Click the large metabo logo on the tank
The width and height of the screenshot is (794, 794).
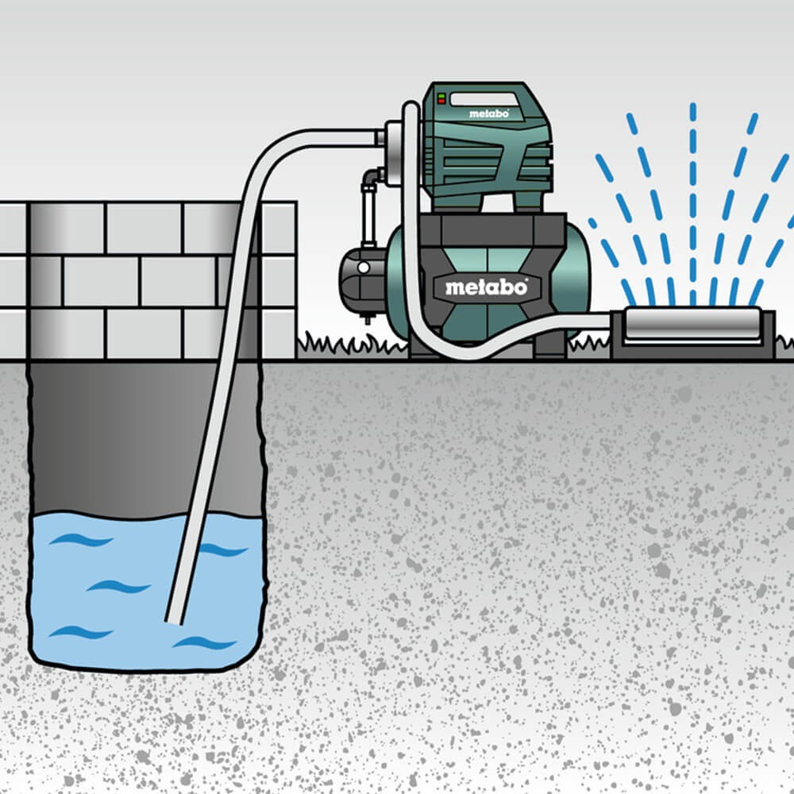(x=486, y=288)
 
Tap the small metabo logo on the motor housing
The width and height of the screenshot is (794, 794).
(x=488, y=114)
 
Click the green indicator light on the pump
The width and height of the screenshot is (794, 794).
(x=441, y=95)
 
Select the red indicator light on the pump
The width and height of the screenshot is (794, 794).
(x=441, y=102)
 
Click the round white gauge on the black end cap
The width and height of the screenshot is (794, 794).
(x=364, y=268)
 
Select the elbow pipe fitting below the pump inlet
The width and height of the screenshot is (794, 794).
(x=372, y=177)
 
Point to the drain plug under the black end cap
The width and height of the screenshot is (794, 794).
(x=367, y=318)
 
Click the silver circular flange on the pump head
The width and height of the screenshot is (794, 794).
(x=394, y=151)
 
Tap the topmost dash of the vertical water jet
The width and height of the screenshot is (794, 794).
(x=692, y=113)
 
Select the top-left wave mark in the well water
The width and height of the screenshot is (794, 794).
(x=81, y=540)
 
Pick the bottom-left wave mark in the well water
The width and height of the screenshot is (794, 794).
(x=81, y=633)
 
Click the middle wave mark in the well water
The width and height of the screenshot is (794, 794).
(x=118, y=587)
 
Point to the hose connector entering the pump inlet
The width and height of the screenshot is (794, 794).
(x=380, y=137)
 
